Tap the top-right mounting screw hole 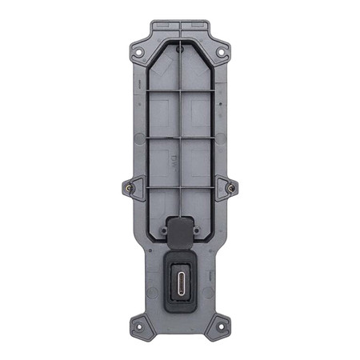tap(221, 53)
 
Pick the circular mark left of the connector tap(152, 276)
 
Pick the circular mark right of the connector tap(209, 276)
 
